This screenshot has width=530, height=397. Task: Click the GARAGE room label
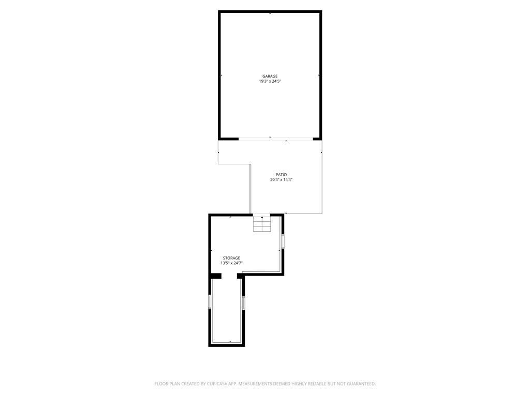point(270,77)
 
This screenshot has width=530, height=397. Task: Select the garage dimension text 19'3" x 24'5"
point(270,81)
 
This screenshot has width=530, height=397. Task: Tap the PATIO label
point(281,175)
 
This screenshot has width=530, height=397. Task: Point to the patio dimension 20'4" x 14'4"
point(281,179)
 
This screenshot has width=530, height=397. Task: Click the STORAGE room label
point(231,258)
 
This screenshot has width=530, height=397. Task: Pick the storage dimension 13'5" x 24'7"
point(231,263)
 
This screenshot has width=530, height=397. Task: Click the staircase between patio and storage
point(262,223)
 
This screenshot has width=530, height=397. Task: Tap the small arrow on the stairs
point(262,218)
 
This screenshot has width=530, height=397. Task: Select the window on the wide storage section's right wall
point(283,241)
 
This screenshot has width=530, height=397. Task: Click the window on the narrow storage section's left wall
point(210,301)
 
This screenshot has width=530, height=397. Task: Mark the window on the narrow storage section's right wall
point(243,303)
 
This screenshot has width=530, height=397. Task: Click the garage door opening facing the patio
point(276,139)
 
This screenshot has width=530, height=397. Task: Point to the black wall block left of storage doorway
point(216,276)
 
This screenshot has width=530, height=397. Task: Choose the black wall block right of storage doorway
point(240,276)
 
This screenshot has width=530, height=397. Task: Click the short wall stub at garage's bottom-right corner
point(317,139)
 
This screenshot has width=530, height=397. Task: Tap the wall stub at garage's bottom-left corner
point(228,139)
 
